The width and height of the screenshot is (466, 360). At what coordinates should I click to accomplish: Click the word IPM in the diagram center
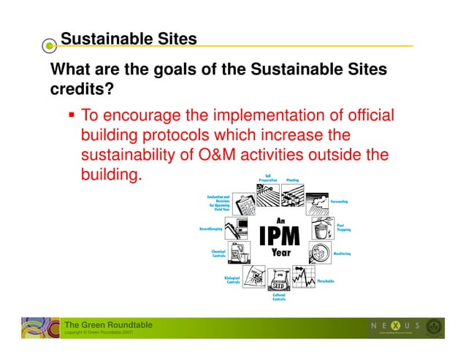(x=280, y=235)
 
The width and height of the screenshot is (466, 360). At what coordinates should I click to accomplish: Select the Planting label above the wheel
(x=293, y=180)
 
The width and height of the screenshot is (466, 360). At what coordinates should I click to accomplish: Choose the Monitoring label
(x=342, y=253)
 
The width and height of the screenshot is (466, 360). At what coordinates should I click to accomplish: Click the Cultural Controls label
(x=279, y=297)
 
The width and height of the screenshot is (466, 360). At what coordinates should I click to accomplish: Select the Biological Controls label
(x=233, y=280)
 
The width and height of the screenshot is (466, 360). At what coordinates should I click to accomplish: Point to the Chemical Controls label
(x=218, y=253)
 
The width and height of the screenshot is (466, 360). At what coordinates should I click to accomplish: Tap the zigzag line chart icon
(x=301, y=276)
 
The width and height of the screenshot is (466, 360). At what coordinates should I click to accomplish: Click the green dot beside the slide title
(x=49, y=45)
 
